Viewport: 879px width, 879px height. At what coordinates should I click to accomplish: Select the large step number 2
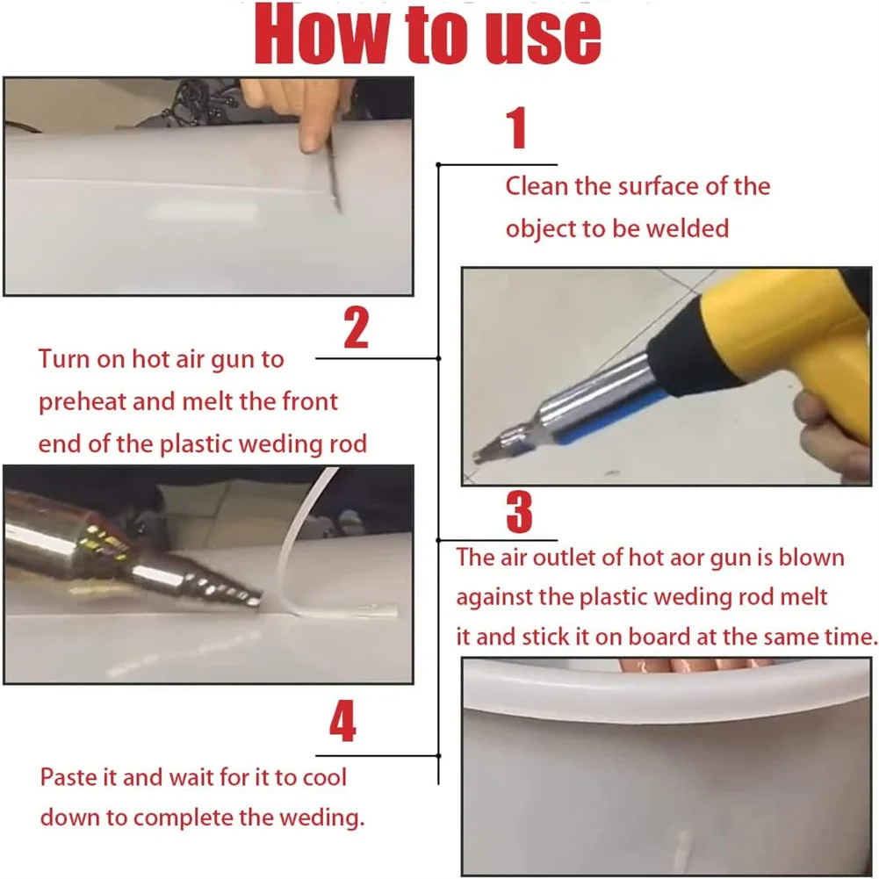pyautogui.click(x=356, y=328)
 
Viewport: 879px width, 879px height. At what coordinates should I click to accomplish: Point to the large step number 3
pyautogui.click(x=519, y=512)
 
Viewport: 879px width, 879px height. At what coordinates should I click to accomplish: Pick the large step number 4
pyautogui.click(x=343, y=721)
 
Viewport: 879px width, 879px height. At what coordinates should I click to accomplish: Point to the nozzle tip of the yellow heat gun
pyautogui.click(x=481, y=455)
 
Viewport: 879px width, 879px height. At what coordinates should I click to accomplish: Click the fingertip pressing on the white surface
pyautogui.click(x=312, y=140)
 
